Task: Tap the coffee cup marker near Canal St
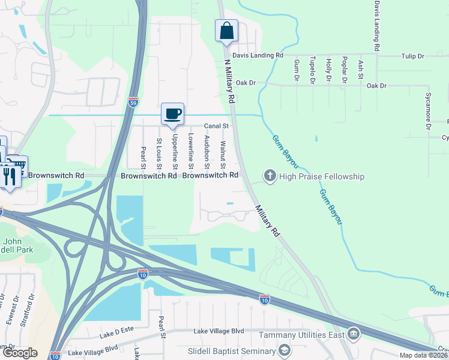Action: [x=172, y=114]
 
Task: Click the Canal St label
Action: [x=217, y=126]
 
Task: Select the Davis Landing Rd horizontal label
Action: [x=258, y=55]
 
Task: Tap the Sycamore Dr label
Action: [x=429, y=110]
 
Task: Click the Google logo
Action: [x=19, y=353]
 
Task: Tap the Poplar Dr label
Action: [x=345, y=70]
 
